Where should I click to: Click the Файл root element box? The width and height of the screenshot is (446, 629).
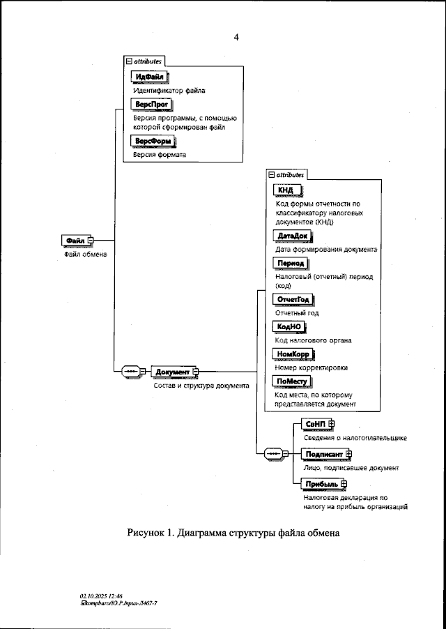click(75, 241)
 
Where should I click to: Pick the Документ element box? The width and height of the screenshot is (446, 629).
click(174, 372)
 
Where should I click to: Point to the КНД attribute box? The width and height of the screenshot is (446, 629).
click(286, 190)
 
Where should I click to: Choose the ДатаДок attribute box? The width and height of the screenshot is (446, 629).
click(292, 236)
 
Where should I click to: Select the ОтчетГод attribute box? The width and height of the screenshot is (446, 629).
click(293, 299)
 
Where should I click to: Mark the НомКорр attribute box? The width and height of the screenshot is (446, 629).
click(293, 354)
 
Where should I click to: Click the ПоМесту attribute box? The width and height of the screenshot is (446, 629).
click(292, 381)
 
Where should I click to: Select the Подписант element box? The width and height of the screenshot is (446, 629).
click(325, 454)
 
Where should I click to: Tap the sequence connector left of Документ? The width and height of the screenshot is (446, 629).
click(132, 372)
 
